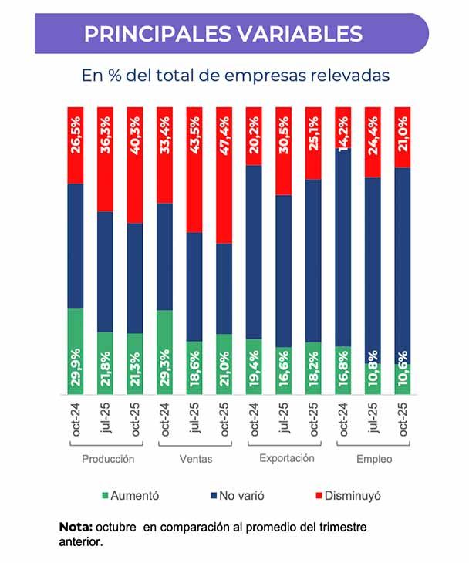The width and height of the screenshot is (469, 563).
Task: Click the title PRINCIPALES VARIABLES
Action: point(223,35)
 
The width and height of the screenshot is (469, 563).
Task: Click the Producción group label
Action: point(108,459)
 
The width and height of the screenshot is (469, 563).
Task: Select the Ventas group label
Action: point(196,459)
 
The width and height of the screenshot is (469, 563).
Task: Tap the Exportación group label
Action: point(286,458)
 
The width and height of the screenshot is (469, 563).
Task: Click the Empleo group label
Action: point(374,459)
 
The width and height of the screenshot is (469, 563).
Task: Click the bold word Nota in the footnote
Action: point(75,527)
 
